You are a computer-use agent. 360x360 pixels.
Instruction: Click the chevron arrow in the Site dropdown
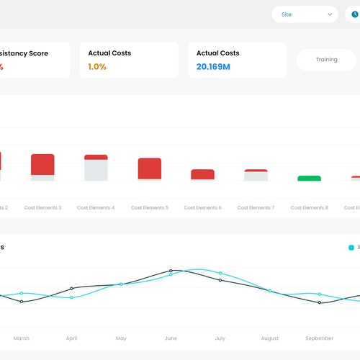click(330, 14)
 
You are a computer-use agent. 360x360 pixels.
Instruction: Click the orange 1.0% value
click(97, 67)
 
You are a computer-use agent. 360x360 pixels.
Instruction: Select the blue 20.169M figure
click(213, 67)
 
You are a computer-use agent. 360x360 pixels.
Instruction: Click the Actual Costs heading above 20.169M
click(218, 53)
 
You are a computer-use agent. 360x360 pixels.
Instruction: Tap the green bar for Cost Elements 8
click(309, 178)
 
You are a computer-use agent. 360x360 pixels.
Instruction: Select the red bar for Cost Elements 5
click(150, 168)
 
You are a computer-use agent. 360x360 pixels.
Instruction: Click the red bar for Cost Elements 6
click(202, 174)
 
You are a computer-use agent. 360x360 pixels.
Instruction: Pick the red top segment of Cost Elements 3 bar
click(42, 164)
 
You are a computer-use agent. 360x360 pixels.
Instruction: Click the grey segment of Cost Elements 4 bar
click(96, 170)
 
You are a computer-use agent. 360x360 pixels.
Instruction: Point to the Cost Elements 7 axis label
click(256, 207)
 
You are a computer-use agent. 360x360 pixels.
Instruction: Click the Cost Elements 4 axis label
click(96, 207)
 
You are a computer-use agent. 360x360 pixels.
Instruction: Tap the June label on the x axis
click(171, 338)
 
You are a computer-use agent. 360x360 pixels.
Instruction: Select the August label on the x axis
click(270, 338)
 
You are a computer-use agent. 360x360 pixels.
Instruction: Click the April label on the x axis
click(71, 338)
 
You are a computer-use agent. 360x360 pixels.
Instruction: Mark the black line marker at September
click(320, 302)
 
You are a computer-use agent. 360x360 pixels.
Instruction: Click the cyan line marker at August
click(270, 291)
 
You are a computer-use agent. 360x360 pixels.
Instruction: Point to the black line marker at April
click(71, 289)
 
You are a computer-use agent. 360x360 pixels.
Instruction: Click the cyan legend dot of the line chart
click(351, 248)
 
